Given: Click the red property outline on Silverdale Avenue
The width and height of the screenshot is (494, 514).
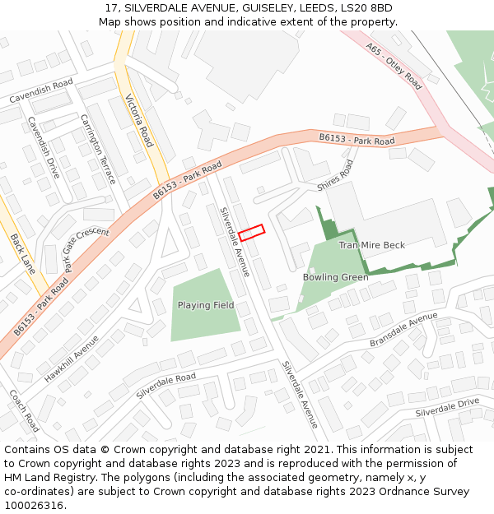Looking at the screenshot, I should click(251, 233).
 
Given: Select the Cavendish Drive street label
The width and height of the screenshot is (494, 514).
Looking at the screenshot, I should click(44, 147).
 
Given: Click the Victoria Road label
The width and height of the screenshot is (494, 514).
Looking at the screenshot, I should click(139, 120).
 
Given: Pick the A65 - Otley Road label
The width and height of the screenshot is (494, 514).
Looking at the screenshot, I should click(394, 67).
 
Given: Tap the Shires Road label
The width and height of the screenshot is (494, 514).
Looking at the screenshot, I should click(335, 174).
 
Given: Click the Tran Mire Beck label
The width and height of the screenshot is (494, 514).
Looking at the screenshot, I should click(371, 245).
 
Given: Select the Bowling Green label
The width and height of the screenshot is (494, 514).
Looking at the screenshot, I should click(335, 277).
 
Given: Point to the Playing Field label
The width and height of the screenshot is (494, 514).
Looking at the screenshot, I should click(206, 305).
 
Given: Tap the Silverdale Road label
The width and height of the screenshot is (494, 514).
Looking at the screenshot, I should click(166, 386).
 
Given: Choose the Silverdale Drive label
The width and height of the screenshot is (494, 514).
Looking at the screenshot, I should click(447, 407).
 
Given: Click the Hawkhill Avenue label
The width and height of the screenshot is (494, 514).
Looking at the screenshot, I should click(72, 359).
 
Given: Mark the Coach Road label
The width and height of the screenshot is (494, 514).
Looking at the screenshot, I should click(24, 410).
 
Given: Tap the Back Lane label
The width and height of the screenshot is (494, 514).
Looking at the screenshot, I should click(23, 254).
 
